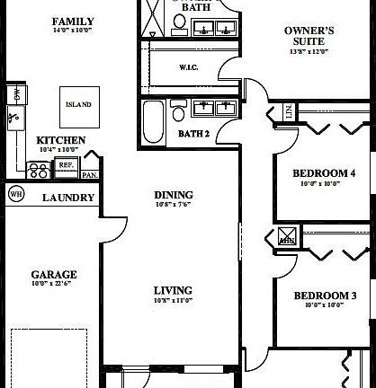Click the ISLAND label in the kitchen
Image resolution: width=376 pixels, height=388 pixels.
[78, 104]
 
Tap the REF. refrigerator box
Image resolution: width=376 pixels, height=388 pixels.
[66, 165]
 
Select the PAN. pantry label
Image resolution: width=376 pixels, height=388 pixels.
[90, 175]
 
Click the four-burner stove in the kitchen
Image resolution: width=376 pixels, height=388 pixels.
[40, 168]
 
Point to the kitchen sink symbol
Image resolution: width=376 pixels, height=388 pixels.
[15, 115]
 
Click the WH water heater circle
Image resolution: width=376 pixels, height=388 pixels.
[15, 193]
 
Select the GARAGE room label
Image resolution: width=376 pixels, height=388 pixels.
[54, 275]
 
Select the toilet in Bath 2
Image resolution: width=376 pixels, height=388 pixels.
[178, 111]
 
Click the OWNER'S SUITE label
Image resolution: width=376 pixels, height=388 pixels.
[309, 36]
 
